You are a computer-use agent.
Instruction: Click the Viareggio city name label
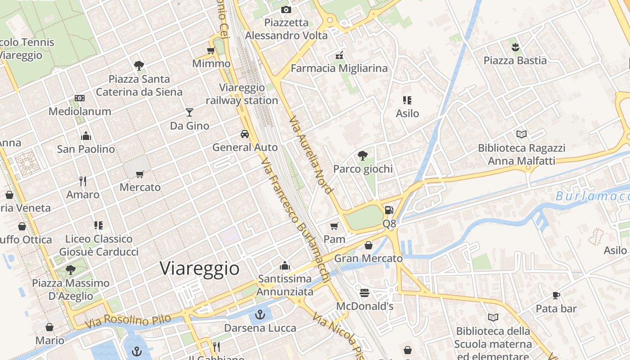point(199,269)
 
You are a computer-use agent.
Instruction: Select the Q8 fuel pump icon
point(389,210)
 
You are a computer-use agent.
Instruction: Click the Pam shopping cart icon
point(334,226)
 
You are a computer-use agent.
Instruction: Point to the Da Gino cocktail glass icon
point(189,112)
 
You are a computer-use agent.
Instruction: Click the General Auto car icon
point(245,134)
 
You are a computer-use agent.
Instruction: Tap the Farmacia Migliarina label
point(339,68)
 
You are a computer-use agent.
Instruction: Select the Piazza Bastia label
point(515,60)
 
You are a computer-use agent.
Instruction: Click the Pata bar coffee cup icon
point(556,295)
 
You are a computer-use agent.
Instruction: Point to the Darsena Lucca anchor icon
point(260,314)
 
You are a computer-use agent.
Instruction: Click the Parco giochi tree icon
point(362,156)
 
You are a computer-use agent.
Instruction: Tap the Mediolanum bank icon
point(80,98)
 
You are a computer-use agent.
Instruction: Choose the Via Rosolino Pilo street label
point(137,320)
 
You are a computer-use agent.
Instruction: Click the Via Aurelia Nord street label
point(311,155)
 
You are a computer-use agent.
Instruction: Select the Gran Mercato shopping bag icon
point(369,245)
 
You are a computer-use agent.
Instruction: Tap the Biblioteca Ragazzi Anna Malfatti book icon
point(522,134)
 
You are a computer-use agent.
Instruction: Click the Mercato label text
point(140,187)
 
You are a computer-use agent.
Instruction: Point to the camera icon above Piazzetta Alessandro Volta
point(286,9)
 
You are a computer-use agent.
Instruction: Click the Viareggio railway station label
point(242,94)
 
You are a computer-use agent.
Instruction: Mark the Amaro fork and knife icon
point(83,181)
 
